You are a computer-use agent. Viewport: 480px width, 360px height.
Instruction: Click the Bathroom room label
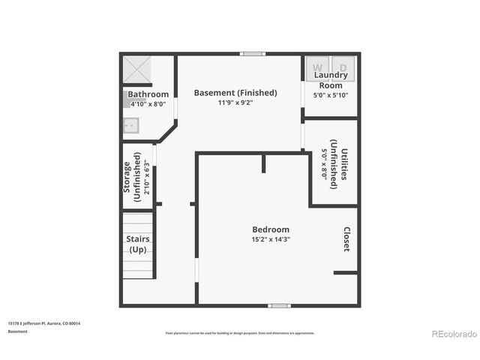pos(148,94)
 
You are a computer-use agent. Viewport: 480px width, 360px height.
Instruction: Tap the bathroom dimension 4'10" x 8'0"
pos(148,104)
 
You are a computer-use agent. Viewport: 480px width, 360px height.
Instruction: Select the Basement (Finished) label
pos(235,93)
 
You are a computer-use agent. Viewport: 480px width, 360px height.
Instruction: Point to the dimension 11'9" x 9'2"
pos(235,103)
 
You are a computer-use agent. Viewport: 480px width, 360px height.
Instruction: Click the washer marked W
pos(315,67)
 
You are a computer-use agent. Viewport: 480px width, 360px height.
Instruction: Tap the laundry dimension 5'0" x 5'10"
pos(330,95)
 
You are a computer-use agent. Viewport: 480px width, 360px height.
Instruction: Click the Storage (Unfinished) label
pos(132,181)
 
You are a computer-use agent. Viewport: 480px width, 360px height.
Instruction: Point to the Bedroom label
pos(270,229)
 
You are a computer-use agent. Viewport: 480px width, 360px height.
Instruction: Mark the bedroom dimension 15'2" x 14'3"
pos(270,239)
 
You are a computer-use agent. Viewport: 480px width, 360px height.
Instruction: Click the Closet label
pos(346,239)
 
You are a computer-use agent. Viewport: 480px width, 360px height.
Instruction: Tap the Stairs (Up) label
pos(138,244)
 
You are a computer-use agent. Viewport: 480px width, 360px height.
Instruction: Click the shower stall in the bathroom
pos(137,70)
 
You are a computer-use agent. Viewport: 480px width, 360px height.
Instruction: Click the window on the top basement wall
pos(252,53)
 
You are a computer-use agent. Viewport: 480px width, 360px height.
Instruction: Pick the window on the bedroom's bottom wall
pos(279,305)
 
